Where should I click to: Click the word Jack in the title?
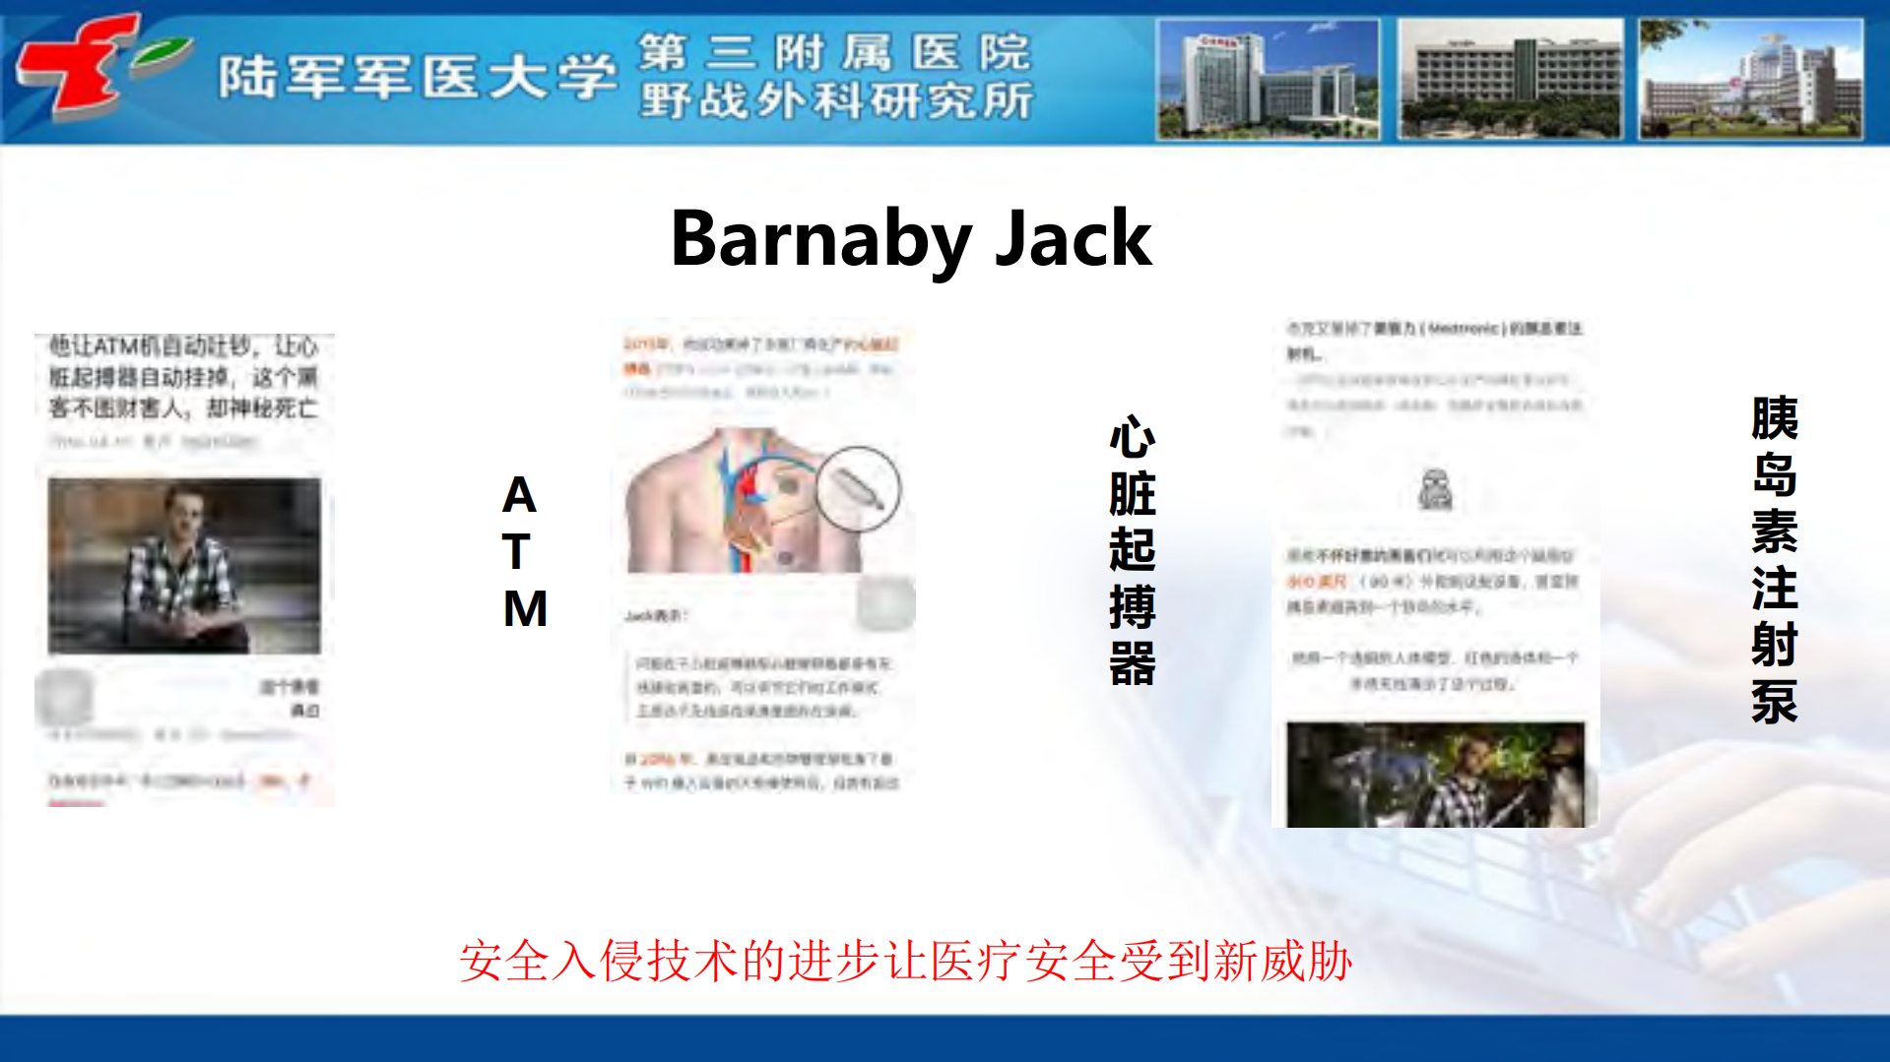[x=1073, y=239]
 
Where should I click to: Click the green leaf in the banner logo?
[x=163, y=53]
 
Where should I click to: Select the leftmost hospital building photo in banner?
[x=1268, y=80]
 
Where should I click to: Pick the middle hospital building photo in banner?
[x=1509, y=80]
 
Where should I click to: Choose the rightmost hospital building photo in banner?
[x=1750, y=80]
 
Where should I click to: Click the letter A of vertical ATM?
[x=519, y=495]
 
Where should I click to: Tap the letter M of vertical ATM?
[x=525, y=608]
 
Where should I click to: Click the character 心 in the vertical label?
[x=1132, y=438]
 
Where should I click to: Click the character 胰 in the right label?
[x=1774, y=419]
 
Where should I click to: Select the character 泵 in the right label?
[x=1774, y=702]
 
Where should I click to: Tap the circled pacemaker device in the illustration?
[x=858, y=489]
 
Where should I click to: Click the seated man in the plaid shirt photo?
[x=184, y=566]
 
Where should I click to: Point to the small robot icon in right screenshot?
[x=1435, y=490]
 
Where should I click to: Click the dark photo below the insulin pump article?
[x=1435, y=775]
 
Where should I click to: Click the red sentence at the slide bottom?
[x=905, y=961]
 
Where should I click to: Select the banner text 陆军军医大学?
[x=418, y=77]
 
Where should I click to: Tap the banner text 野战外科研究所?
[x=836, y=100]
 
